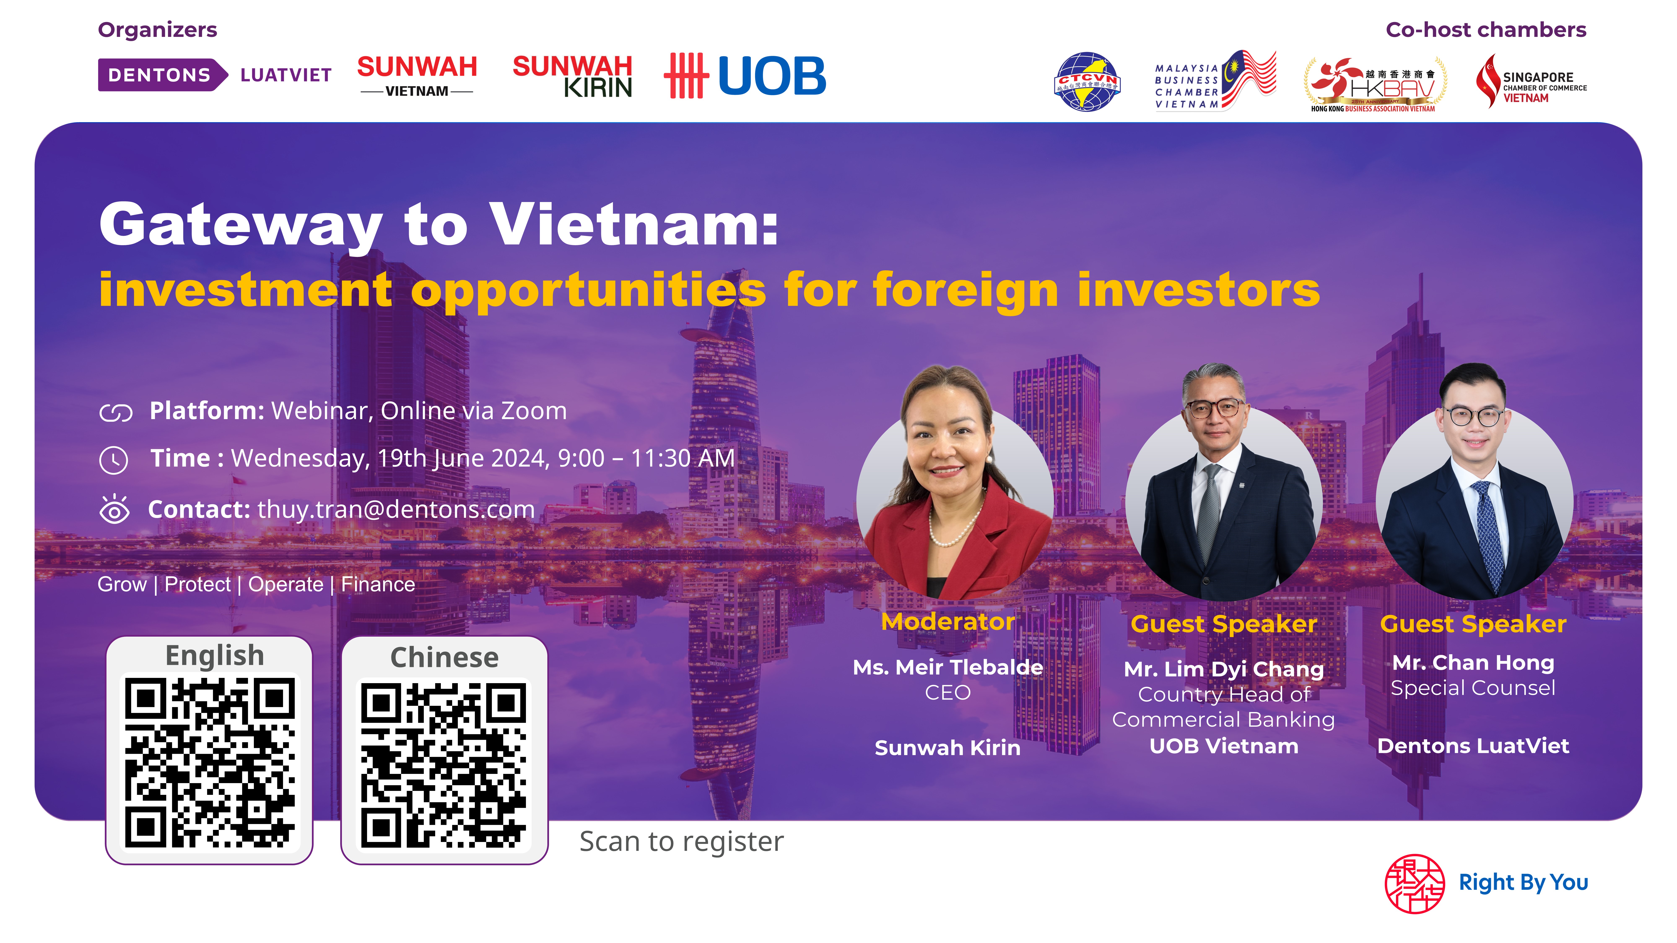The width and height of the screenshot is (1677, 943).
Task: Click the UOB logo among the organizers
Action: (x=745, y=75)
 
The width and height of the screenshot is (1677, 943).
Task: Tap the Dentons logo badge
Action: (x=163, y=75)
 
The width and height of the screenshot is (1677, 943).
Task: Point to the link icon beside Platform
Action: (x=116, y=413)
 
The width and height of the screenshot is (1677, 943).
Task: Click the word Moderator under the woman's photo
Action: (x=948, y=622)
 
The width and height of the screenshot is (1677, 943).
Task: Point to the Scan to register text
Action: (x=682, y=842)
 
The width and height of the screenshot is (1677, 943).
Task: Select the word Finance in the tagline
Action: (x=378, y=584)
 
